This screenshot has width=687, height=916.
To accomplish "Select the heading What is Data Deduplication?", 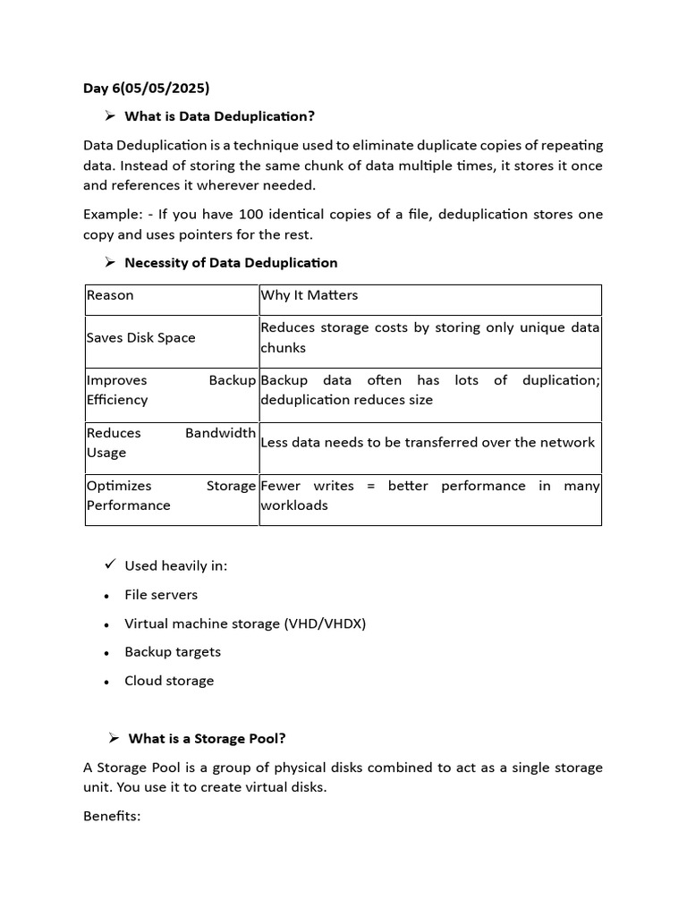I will [219, 116].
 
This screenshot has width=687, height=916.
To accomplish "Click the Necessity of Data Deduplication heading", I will [231, 263].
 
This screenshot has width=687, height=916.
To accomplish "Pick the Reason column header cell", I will [110, 295].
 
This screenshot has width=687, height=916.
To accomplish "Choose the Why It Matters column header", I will [310, 295].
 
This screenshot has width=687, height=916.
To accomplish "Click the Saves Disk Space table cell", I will [140, 338].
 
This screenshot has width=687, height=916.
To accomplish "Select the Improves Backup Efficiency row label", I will [171, 390].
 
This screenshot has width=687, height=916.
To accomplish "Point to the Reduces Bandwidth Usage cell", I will [171, 443].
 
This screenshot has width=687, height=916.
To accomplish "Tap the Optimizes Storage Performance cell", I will [171, 496].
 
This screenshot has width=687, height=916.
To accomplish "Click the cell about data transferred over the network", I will [428, 443].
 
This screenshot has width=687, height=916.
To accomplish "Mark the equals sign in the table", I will [371, 486].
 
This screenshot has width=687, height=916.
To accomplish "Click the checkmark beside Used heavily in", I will [110, 564].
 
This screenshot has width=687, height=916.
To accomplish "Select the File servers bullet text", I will [161, 595].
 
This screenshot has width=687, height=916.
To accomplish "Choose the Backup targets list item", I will [173, 652].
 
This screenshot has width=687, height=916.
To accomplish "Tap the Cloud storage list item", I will [169, 681].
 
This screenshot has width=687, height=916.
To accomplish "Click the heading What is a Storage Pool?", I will [207, 739].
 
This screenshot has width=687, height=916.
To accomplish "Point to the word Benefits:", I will [112, 817].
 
